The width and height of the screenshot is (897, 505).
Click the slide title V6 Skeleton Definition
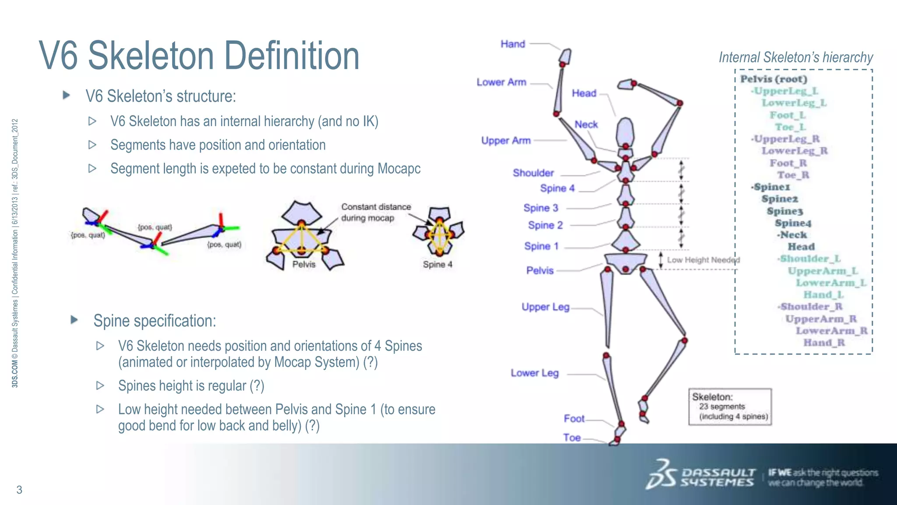click(199, 56)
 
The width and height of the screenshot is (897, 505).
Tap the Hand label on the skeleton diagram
click(512, 44)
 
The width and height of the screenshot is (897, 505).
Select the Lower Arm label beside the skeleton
click(501, 82)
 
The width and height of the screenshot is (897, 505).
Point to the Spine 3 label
click(540, 208)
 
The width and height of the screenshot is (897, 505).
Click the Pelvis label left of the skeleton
click(540, 270)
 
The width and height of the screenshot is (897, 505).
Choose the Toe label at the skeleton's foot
click(572, 437)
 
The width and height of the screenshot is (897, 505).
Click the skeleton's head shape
click(625, 132)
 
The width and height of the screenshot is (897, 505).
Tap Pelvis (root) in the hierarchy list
click(773, 79)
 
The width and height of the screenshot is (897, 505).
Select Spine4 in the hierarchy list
click(793, 223)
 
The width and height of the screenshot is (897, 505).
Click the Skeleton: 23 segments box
click(730, 406)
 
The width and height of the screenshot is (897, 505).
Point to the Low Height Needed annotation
click(703, 260)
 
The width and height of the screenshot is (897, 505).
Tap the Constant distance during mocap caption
click(375, 212)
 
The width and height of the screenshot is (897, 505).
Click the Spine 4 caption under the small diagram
click(437, 264)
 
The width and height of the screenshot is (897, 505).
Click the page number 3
click(19, 490)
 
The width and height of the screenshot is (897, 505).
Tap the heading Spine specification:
click(155, 321)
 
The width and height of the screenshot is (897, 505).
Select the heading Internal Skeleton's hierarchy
click(795, 57)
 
